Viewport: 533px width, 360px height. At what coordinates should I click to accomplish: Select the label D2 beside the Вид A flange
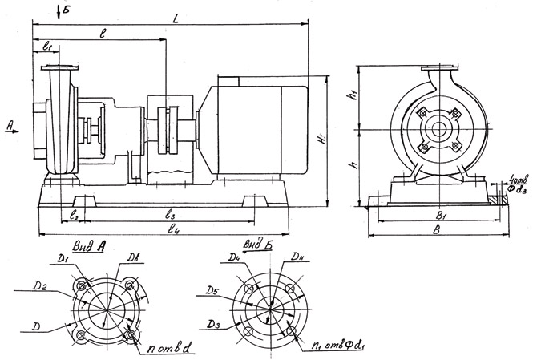point(36,285)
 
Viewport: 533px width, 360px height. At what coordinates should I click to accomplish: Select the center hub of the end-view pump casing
point(437,128)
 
